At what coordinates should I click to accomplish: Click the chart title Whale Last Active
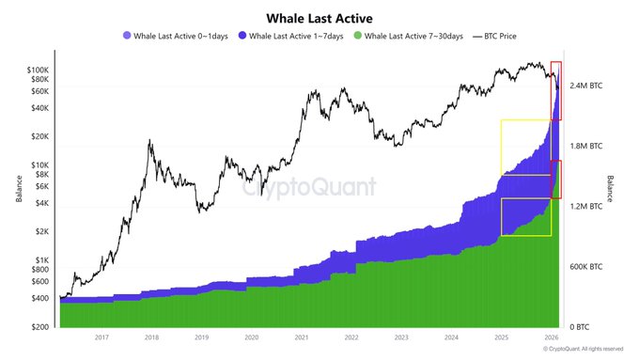click(319, 17)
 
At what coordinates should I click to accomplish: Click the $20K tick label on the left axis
click(39, 136)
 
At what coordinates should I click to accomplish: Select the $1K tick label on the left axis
click(41, 260)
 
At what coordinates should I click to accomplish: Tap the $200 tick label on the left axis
click(39, 327)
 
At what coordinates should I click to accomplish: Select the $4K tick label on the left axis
click(41, 203)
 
